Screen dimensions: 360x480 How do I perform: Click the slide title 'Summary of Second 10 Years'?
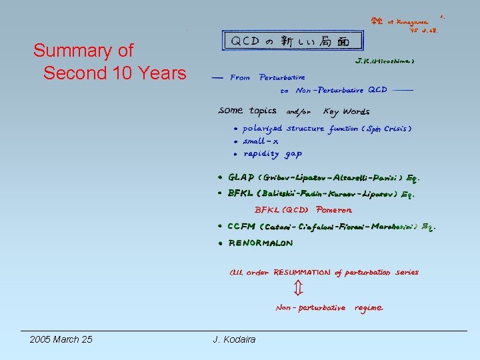(109, 61)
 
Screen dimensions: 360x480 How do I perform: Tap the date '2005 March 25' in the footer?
(61, 340)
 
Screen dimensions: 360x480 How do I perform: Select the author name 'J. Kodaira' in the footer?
(234, 340)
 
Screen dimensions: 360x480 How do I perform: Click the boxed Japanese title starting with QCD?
(293, 41)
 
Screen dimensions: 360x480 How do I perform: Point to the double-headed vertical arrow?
(298, 288)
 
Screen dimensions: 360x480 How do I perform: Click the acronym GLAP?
(241, 178)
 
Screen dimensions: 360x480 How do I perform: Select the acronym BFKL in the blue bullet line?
(241, 194)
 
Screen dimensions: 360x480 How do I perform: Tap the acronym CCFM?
(241, 227)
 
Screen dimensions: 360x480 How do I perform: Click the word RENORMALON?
(261, 243)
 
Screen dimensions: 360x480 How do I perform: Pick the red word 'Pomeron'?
(334, 210)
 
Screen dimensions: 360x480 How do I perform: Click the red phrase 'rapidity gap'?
(273, 154)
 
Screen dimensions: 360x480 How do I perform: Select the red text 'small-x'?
(261, 141)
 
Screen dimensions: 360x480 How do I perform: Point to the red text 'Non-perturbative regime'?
(329, 308)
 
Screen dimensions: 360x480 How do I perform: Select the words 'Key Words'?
(346, 111)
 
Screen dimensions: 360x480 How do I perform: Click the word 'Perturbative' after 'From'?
(283, 78)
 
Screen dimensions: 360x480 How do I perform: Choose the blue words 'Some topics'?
(247, 111)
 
